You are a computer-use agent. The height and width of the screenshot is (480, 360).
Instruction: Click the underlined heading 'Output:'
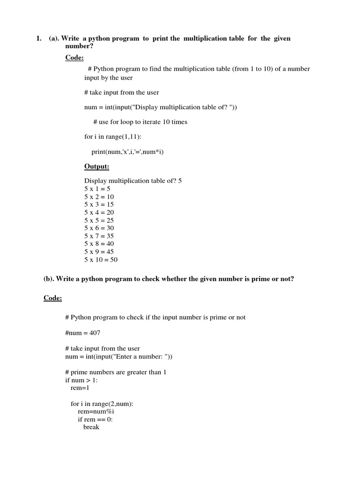click(x=97, y=167)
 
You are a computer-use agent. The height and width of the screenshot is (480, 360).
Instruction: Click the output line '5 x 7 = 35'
click(x=99, y=236)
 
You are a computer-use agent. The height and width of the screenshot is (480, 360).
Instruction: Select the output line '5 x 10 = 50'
click(x=101, y=260)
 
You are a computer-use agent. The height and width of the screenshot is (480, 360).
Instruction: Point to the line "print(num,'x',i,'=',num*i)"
click(x=127, y=152)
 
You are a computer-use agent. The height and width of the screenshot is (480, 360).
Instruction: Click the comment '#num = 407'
click(x=83, y=333)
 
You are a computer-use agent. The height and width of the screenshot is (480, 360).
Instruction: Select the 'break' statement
click(x=91, y=427)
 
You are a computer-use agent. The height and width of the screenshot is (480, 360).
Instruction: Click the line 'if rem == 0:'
click(x=92, y=420)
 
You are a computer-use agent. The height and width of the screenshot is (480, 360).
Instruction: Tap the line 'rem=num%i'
click(x=92, y=412)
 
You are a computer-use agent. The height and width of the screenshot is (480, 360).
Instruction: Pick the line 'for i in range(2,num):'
click(x=102, y=404)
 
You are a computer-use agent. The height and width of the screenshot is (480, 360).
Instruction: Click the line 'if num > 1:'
click(x=81, y=380)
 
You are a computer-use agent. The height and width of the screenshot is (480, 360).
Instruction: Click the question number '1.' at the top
click(x=39, y=38)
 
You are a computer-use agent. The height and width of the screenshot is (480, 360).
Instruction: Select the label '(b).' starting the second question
click(x=49, y=279)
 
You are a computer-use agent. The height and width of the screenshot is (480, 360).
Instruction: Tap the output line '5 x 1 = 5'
click(x=97, y=189)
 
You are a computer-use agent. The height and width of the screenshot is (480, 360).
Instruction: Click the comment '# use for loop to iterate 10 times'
click(x=140, y=122)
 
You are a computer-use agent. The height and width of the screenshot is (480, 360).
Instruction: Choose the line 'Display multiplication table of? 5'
click(x=133, y=181)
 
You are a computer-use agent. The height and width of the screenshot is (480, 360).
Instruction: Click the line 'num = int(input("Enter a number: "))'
click(x=119, y=357)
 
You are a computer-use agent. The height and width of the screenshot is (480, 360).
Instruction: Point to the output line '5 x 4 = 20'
click(x=99, y=212)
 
